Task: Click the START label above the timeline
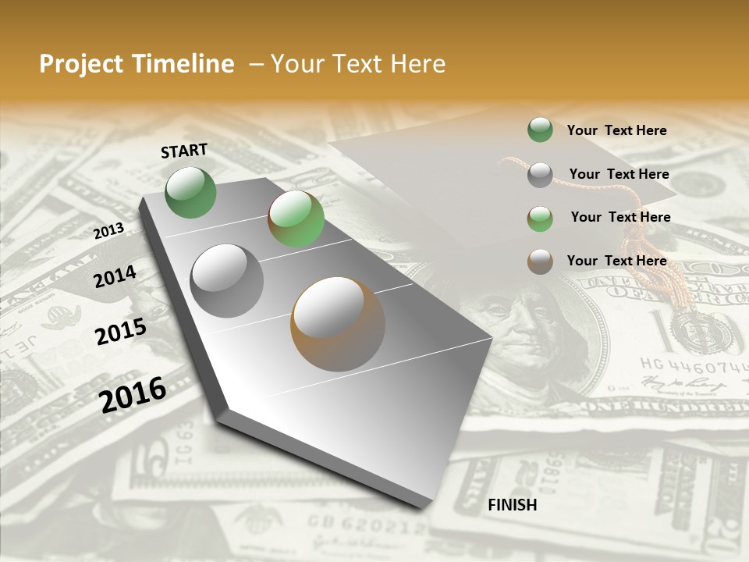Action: pos(184,151)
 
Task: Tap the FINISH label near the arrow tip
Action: pos(512,505)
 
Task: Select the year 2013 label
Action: pos(109,230)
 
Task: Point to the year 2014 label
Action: pos(115,276)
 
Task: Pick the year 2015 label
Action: pos(120,332)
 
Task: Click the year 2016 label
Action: pos(133,394)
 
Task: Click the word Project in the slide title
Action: pos(82,64)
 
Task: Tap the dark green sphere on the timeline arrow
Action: pos(190,192)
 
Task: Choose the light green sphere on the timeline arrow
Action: pos(296,219)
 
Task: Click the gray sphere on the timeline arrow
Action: pos(227,280)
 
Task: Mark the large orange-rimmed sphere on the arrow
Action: pos(338,323)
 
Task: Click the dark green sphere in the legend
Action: pos(540,130)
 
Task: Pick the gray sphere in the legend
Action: pos(540,175)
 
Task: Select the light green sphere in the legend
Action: pos(540,219)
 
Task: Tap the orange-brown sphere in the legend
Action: pos(540,261)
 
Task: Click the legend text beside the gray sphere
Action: pos(619,174)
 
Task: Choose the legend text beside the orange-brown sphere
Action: pos(616,261)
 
